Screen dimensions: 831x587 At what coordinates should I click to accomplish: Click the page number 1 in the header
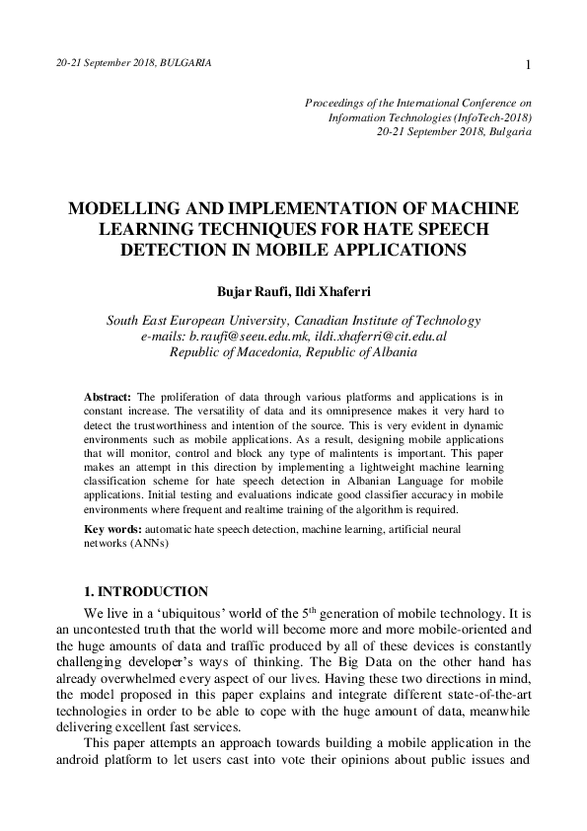click(x=530, y=65)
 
